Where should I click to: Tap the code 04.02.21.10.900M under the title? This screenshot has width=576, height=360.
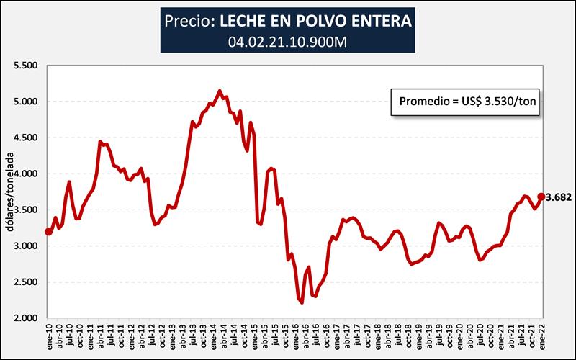tap(287, 42)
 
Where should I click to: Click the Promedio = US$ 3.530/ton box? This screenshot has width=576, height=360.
tap(466, 104)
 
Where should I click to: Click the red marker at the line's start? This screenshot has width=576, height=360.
tap(48, 231)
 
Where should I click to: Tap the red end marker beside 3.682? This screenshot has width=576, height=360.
tap(541, 197)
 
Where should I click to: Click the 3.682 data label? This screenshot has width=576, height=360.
tap(559, 197)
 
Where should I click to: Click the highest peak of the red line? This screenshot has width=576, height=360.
tap(220, 91)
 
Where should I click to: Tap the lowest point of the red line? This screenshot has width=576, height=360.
tap(302, 302)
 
